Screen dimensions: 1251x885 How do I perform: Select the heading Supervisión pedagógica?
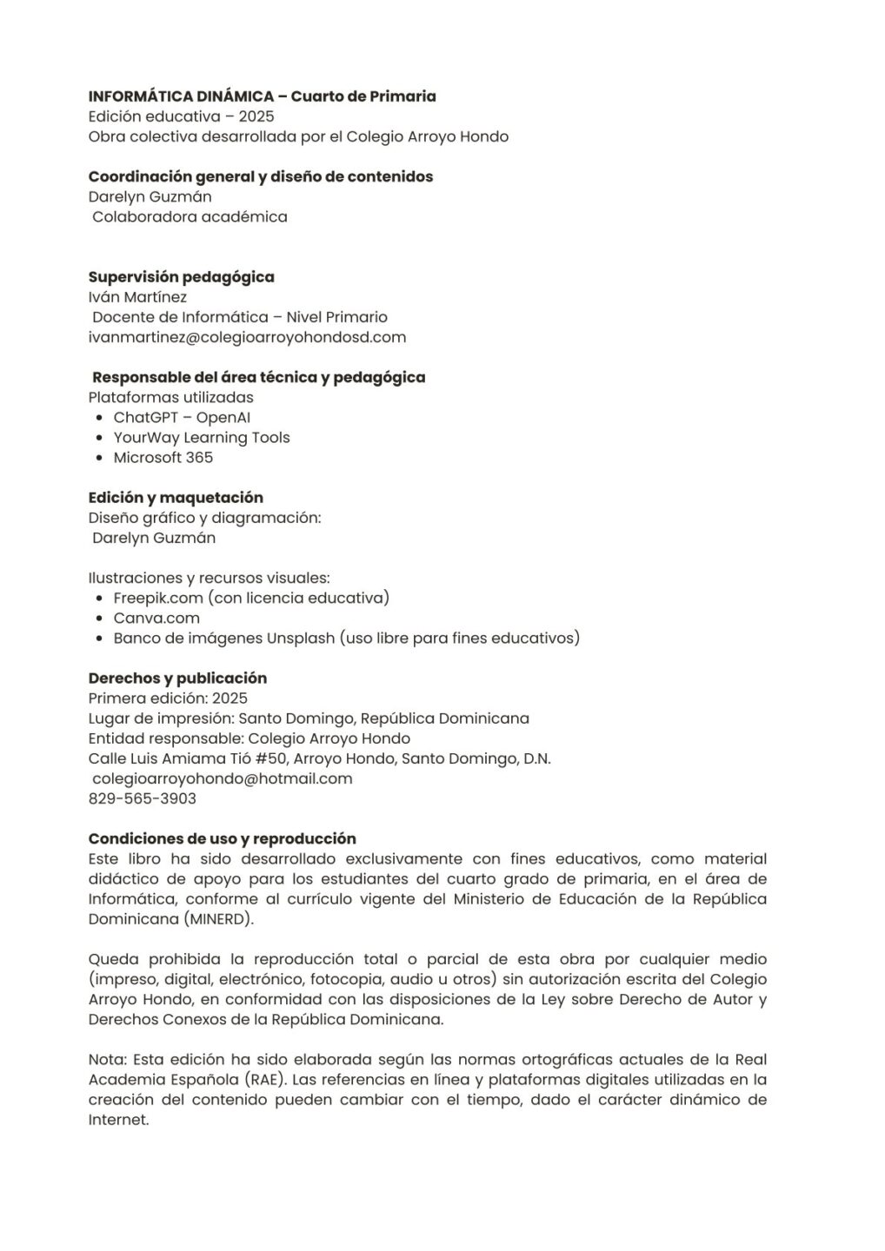pos(181,277)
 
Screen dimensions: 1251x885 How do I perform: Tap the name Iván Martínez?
pos(137,297)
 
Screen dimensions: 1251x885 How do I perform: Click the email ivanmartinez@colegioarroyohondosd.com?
pos(247,337)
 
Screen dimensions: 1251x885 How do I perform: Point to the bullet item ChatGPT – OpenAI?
pos(182,418)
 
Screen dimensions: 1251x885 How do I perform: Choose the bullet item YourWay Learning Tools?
pos(202,438)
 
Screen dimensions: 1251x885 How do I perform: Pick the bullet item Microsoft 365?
pos(163,458)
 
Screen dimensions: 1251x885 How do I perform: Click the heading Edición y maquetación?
pos(176,498)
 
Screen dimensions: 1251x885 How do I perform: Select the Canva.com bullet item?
pos(156,619)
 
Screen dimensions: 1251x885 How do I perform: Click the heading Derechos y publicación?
pos(177,678)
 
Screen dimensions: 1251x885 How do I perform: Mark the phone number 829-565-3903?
pos(143,799)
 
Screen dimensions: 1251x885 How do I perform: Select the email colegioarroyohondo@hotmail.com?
pos(222,779)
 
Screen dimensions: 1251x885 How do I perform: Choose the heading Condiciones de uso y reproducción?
pos(222,839)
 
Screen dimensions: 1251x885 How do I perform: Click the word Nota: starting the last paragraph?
pos(107,1060)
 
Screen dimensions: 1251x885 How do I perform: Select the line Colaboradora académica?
pos(190,217)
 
